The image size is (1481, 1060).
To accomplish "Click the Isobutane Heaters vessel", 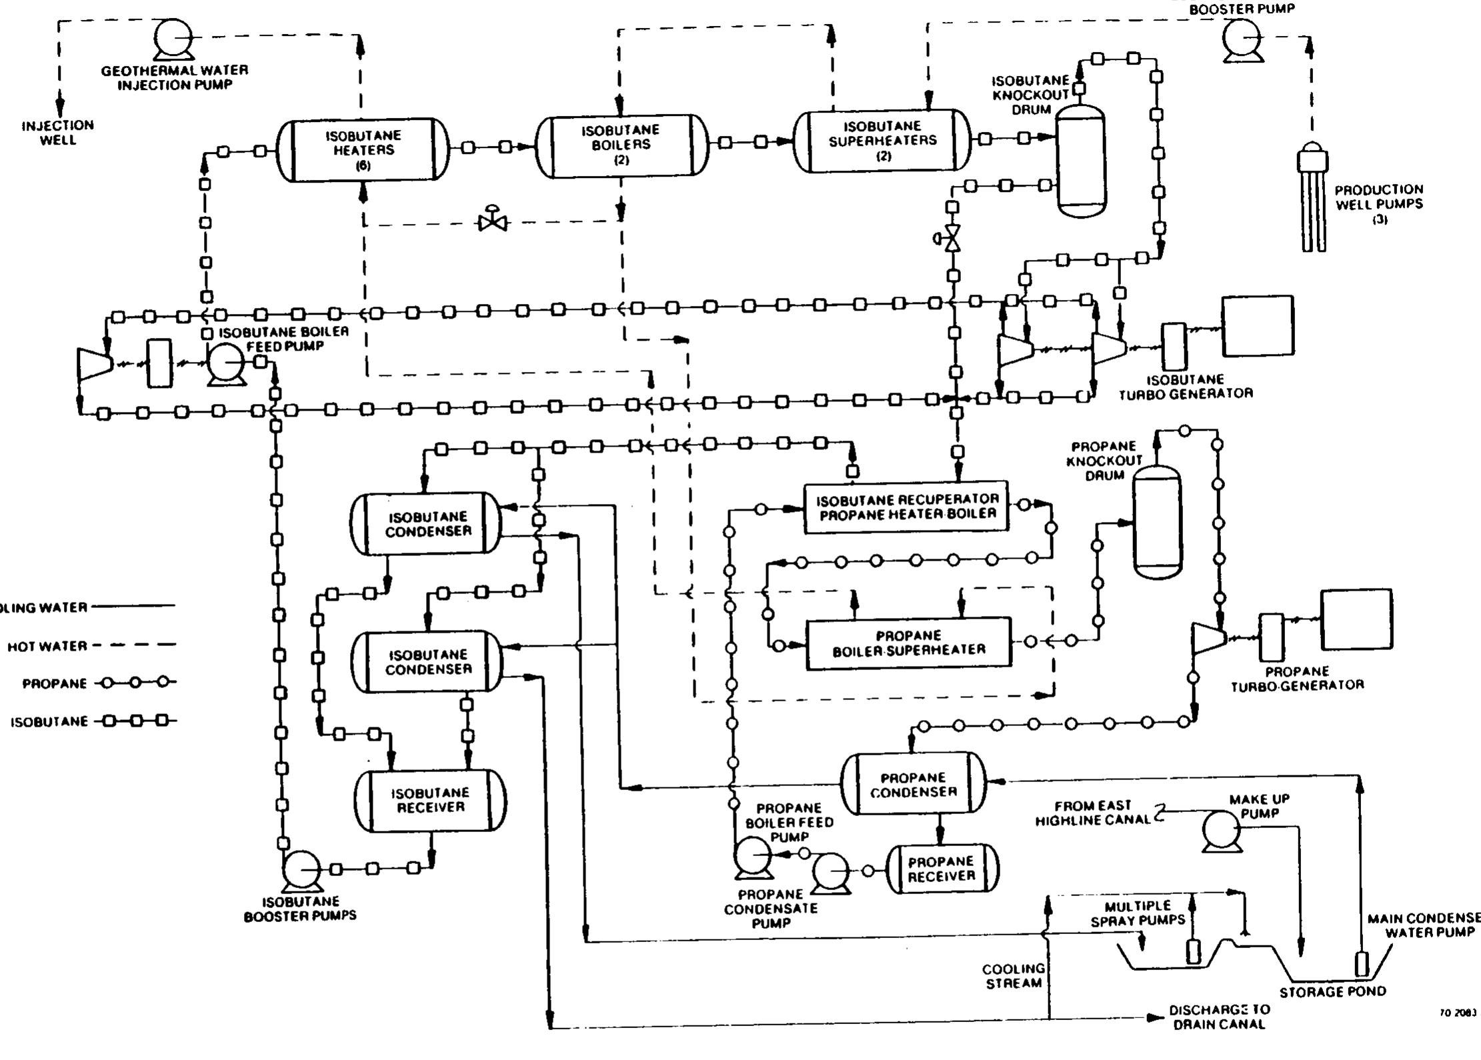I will pyautogui.click(x=363, y=149).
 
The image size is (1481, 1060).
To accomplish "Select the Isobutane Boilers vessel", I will pyautogui.click(x=621, y=145).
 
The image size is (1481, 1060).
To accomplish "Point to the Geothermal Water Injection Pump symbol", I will pyautogui.click(x=173, y=39).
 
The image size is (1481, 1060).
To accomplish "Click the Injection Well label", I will pyautogui.click(x=58, y=133).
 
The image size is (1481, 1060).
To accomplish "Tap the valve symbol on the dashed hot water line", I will pyautogui.click(x=493, y=221).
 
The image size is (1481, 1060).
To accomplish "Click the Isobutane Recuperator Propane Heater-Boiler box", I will pyautogui.click(x=906, y=507).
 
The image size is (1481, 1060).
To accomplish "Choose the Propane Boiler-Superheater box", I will pyautogui.click(x=908, y=643).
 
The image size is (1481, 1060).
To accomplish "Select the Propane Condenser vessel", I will pyautogui.click(x=913, y=784).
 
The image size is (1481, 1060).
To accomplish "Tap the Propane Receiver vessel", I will pyautogui.click(x=942, y=869).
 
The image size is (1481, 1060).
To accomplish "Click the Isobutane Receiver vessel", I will pyautogui.click(x=430, y=800).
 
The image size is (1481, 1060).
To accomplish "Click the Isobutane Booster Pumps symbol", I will pyautogui.click(x=301, y=869).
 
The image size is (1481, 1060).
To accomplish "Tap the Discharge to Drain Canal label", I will pyautogui.click(x=1218, y=1017).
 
